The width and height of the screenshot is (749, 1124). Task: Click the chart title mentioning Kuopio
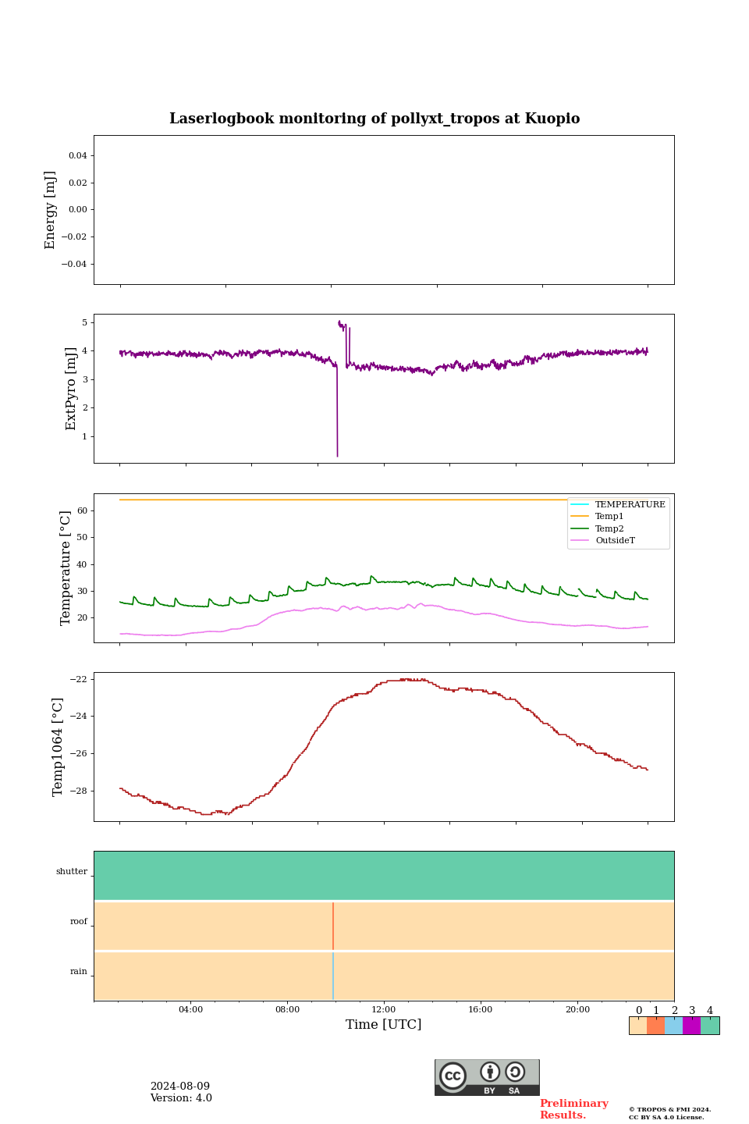click(x=374, y=119)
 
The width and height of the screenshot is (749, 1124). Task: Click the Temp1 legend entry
click(x=609, y=517)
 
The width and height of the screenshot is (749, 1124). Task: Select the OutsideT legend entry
click(x=615, y=541)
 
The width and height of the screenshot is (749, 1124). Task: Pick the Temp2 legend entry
click(x=609, y=528)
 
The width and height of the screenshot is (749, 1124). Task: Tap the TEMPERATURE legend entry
click(x=630, y=505)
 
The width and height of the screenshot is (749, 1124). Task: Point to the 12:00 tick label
click(x=384, y=1010)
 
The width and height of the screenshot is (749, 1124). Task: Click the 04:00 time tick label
click(x=190, y=1010)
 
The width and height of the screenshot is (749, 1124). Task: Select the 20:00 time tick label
click(x=577, y=1010)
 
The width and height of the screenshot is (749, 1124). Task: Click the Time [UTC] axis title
click(x=384, y=1025)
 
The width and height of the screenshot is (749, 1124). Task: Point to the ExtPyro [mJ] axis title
click(x=71, y=389)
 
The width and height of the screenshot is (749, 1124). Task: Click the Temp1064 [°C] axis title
click(x=58, y=747)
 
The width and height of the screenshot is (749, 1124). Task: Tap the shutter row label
click(x=72, y=872)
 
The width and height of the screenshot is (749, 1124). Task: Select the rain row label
click(x=79, y=972)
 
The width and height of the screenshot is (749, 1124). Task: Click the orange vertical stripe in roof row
click(x=333, y=926)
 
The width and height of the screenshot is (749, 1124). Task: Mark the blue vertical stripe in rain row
click(x=333, y=976)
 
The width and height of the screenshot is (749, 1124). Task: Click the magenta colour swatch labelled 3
click(x=691, y=1026)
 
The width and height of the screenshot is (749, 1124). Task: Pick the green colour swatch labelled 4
click(x=710, y=1026)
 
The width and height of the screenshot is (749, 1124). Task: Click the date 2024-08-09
click(x=180, y=1087)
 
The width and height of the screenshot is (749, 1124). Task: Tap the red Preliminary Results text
click(x=573, y=1109)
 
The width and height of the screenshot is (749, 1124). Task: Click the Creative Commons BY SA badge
click(x=487, y=1077)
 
